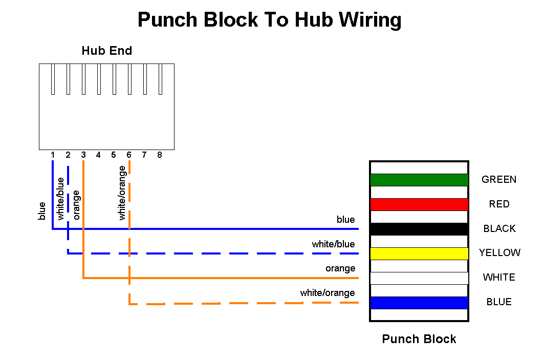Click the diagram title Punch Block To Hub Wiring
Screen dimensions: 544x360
point(270,20)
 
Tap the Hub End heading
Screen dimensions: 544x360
point(107,51)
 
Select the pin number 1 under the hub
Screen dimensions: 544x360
point(52,155)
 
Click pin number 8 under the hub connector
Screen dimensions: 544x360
point(160,155)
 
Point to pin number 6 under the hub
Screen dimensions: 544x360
point(129,155)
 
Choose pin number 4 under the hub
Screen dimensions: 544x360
point(99,155)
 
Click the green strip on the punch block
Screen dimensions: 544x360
point(419,180)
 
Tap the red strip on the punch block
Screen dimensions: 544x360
point(419,204)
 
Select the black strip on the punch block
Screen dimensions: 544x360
point(419,229)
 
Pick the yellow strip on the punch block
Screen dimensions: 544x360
point(419,254)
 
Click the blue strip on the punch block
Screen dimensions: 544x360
point(419,303)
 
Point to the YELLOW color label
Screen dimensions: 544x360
point(499,253)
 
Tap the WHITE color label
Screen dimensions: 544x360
point(499,278)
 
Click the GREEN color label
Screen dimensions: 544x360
point(499,179)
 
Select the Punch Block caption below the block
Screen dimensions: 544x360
point(419,339)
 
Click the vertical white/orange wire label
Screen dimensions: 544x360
point(122,193)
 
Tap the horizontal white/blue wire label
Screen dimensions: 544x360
point(333,244)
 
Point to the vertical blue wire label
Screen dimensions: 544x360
point(42,211)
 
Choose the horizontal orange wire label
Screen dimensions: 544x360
point(340,269)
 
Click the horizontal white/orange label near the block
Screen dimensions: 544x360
point(328,293)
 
